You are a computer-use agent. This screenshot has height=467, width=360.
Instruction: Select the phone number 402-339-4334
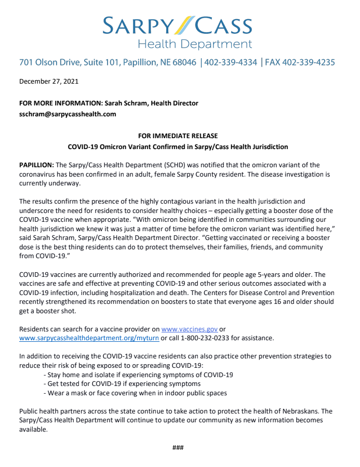point(231,62)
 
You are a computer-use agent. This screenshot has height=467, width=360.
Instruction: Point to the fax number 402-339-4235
point(309,62)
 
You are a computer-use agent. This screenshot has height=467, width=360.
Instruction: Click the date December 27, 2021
point(49,81)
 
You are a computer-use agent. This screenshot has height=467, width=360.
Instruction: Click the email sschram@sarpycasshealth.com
point(68,114)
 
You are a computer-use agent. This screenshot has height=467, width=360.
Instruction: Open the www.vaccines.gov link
point(189,329)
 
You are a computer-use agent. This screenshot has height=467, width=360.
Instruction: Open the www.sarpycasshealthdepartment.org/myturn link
point(89,338)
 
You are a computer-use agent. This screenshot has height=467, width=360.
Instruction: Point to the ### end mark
point(178,448)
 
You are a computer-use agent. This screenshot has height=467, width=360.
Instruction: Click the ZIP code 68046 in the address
point(184,62)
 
